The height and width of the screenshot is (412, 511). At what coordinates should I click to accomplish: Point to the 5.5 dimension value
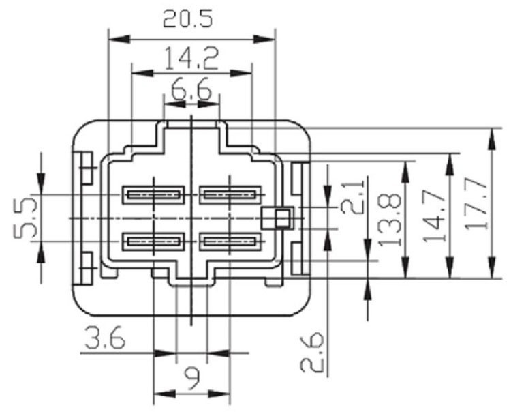pyautogui.click(x=27, y=219)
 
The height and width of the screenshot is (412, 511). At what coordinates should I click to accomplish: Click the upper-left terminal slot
pyautogui.click(x=154, y=194)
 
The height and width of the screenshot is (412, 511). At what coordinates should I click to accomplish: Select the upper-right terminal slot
pyautogui.click(x=230, y=195)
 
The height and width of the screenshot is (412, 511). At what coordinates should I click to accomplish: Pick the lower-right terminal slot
pyautogui.click(x=230, y=241)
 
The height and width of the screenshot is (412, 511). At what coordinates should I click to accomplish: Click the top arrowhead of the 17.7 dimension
pyautogui.click(x=491, y=133)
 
